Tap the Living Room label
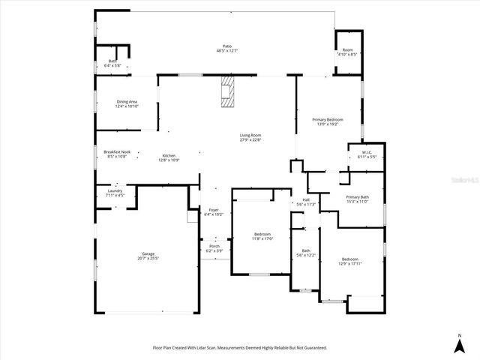[250, 136]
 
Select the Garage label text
[148, 256]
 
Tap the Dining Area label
[127, 103]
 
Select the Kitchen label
[169, 157]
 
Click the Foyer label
[214, 211]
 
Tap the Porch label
[214, 247]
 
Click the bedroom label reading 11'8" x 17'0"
[262, 236]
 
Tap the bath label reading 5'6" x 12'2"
[306, 253]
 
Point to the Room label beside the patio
[347, 52]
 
